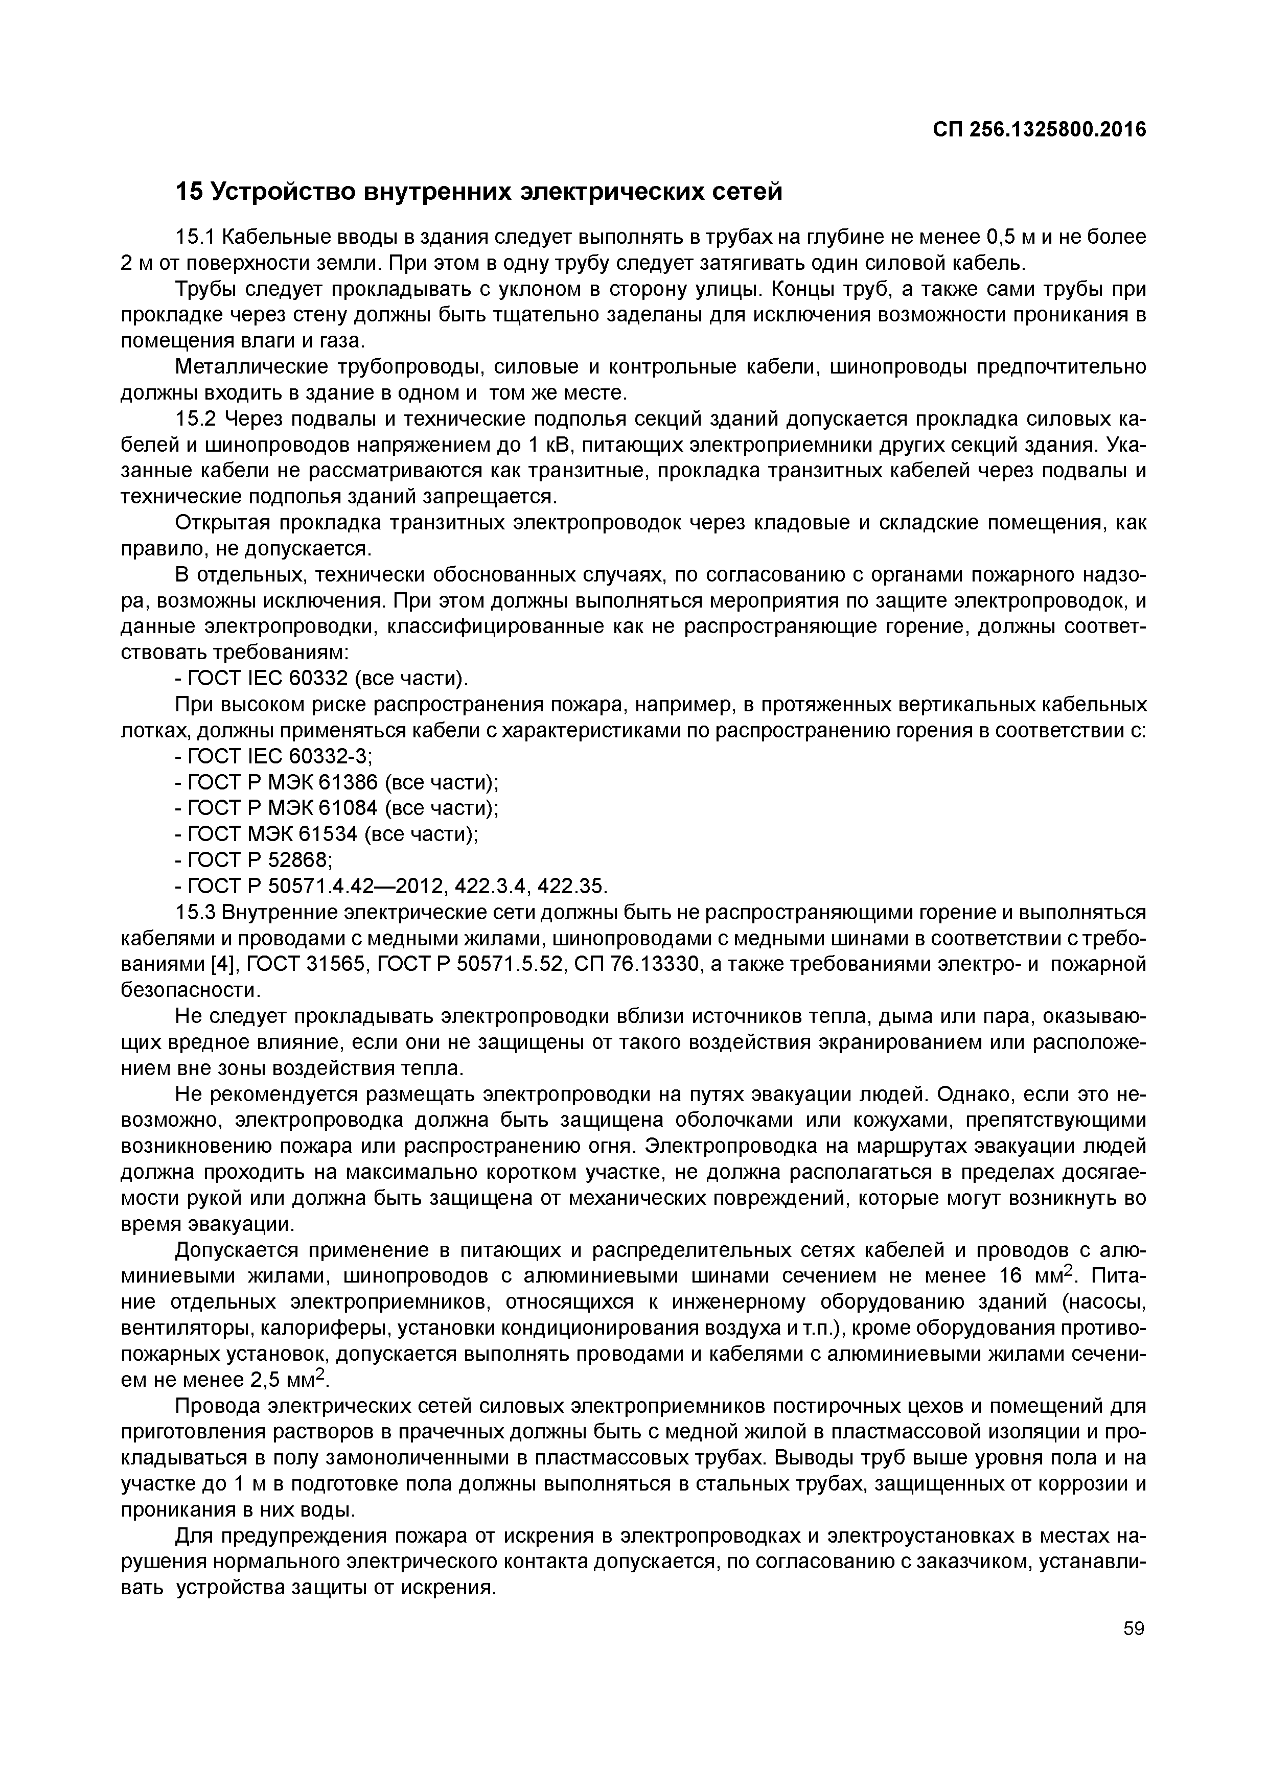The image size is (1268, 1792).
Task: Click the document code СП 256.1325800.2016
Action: [1039, 130]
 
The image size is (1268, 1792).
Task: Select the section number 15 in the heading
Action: [189, 191]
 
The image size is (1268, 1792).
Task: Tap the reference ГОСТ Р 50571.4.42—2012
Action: [316, 887]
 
